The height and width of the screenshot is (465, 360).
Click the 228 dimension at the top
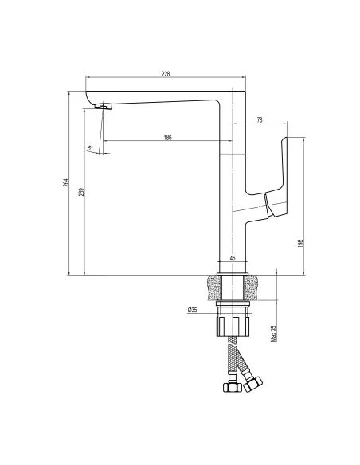click(166, 74)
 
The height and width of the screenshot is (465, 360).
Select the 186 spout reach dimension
click(167, 137)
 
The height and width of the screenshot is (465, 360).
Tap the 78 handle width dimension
click(260, 120)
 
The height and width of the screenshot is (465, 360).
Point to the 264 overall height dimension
click(68, 182)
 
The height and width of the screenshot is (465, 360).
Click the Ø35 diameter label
click(193, 310)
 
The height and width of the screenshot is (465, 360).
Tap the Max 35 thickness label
click(273, 333)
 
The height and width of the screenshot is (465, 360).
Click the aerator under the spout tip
click(102, 106)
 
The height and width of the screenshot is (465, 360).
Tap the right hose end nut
click(254, 385)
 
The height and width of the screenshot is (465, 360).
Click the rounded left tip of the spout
click(88, 96)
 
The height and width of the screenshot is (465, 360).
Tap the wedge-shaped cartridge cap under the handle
click(273, 209)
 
